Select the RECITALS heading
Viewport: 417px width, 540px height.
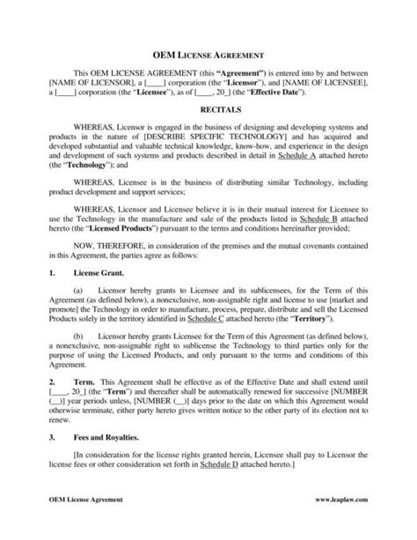[208, 114]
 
